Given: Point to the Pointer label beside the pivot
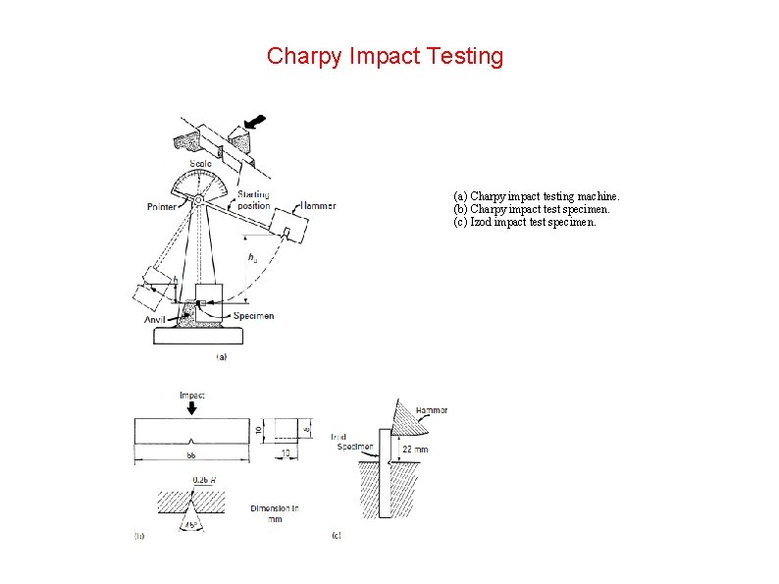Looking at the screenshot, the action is click(x=162, y=206).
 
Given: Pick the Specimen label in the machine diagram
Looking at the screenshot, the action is click(x=253, y=316).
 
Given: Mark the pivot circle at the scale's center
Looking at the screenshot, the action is click(x=198, y=200).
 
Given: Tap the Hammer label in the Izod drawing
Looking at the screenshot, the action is click(x=432, y=410).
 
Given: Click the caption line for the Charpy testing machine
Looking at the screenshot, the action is click(x=536, y=196).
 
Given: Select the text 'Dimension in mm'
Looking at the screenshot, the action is click(x=275, y=513).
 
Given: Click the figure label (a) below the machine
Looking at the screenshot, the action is click(x=221, y=357).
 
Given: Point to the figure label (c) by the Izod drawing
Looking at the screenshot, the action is click(x=337, y=537).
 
